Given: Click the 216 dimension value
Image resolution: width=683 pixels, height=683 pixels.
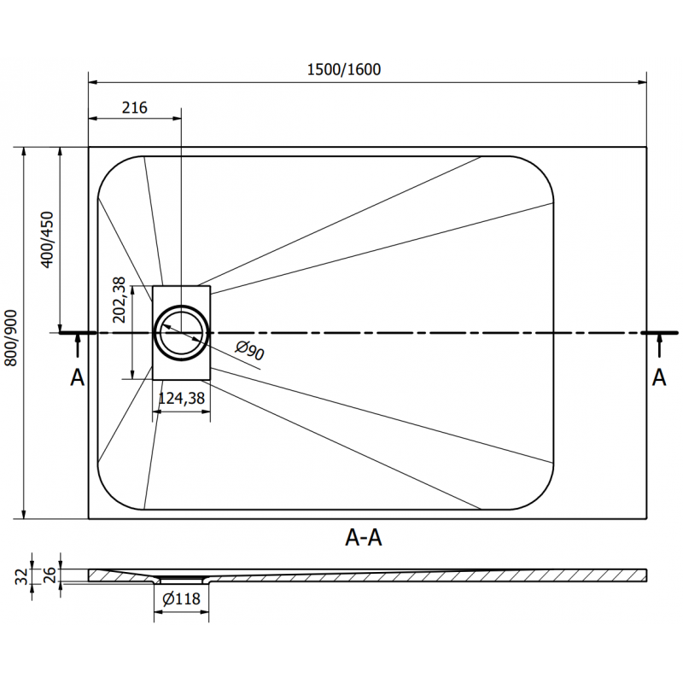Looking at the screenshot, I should pos(135,108).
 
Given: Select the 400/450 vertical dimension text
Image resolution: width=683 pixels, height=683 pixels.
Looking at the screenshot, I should pos(48,240).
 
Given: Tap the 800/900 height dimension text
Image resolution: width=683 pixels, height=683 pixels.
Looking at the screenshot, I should pos(11,339).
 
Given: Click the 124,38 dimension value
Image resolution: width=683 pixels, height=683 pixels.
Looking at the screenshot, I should pos(181,398).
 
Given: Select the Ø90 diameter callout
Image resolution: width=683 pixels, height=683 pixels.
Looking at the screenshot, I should pos(249,349).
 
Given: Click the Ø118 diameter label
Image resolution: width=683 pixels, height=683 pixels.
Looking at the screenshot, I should pos(180,599).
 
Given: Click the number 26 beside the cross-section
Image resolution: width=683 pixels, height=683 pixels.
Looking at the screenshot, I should pos(49,573).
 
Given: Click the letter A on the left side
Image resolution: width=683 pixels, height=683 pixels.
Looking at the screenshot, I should pos(77,377).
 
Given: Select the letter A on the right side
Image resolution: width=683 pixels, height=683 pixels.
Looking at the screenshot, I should pos(659,377).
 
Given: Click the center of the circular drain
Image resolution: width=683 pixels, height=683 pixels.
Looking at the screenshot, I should pos(181,332).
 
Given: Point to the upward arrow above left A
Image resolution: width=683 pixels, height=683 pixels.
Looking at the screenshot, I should pos(78,346).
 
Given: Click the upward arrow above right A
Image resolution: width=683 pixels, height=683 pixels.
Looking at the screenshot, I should pos(660,346).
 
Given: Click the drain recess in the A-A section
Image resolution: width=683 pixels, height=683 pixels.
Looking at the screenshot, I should pos(181,580).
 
